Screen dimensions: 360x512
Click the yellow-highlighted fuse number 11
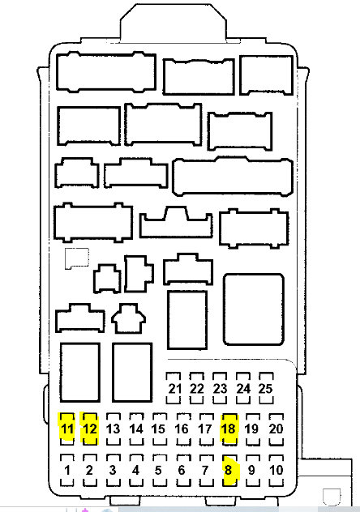tap(67, 429)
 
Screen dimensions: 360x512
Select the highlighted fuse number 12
tap(89, 429)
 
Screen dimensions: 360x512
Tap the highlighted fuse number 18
tap(229, 429)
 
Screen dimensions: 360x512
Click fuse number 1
tap(67, 470)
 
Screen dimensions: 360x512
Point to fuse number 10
tap(276, 470)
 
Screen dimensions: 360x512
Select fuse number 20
tap(276, 429)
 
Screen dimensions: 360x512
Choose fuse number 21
tap(174, 389)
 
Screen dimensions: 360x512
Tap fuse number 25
tap(266, 389)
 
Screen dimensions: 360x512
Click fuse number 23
tap(221, 389)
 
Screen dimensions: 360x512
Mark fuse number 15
tap(159, 429)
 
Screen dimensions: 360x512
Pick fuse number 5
tap(159, 470)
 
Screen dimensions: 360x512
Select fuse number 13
tap(113, 429)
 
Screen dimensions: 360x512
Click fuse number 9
tap(252, 470)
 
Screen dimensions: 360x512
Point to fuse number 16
tap(182, 429)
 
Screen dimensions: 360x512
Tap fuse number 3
tap(113, 470)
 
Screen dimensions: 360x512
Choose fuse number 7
tap(205, 470)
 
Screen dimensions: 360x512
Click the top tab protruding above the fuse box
tap(174, 23)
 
